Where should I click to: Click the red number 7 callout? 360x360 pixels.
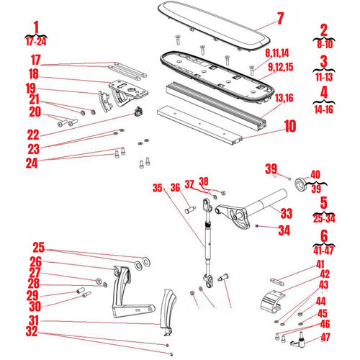tap(280, 18)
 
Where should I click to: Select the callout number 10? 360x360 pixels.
tap(290, 126)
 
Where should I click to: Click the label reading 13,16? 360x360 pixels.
tap(284, 98)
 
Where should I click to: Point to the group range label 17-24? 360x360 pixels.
tap(36, 42)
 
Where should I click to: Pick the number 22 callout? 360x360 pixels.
tap(33, 135)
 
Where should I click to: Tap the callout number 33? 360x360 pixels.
tap(287, 213)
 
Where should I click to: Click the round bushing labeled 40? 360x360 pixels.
tap(300, 184)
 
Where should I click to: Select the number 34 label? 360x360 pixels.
tap(284, 230)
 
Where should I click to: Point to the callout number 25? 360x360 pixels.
tap(39, 248)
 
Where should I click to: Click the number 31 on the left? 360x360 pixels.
tap(34, 320)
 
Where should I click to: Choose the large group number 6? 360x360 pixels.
tap(324, 235)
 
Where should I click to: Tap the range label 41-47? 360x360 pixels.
tap(324, 251)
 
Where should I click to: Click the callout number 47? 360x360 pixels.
tap(325, 337)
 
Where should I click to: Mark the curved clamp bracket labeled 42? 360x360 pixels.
tap(272, 301)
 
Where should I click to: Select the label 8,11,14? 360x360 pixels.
tap(277, 53)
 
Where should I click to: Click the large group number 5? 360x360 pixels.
tap(324, 202)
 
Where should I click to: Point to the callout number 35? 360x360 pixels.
tap(157, 188)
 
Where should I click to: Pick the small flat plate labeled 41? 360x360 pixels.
tap(277, 282)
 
